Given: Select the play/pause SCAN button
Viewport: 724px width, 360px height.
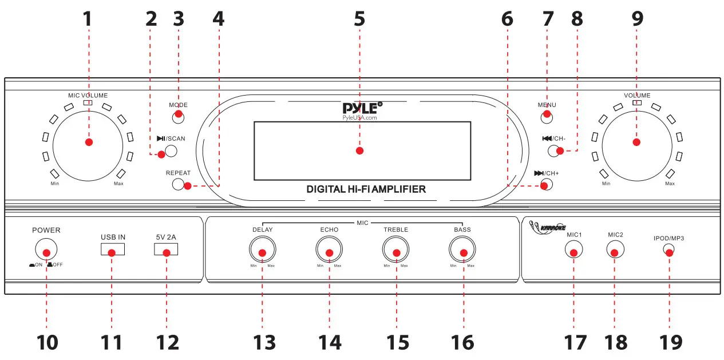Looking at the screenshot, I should coord(168,152).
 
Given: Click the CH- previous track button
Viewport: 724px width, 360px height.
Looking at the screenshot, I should coord(554,151).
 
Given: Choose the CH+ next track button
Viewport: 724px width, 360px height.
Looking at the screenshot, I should coord(546,185).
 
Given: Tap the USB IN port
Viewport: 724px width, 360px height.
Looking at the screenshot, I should coord(113,250).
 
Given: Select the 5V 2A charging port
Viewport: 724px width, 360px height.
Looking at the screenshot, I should coord(166,250).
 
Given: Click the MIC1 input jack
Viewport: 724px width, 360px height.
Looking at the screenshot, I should coord(573,250).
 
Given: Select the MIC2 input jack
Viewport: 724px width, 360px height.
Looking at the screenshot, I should coord(615,250).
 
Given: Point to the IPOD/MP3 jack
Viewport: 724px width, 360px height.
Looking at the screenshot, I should coord(668,250).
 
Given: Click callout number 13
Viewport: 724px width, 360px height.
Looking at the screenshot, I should coord(264,342).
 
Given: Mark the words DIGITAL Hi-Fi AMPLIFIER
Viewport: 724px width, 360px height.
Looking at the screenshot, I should coord(366,188).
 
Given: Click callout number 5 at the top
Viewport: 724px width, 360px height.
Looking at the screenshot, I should coord(359,18).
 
